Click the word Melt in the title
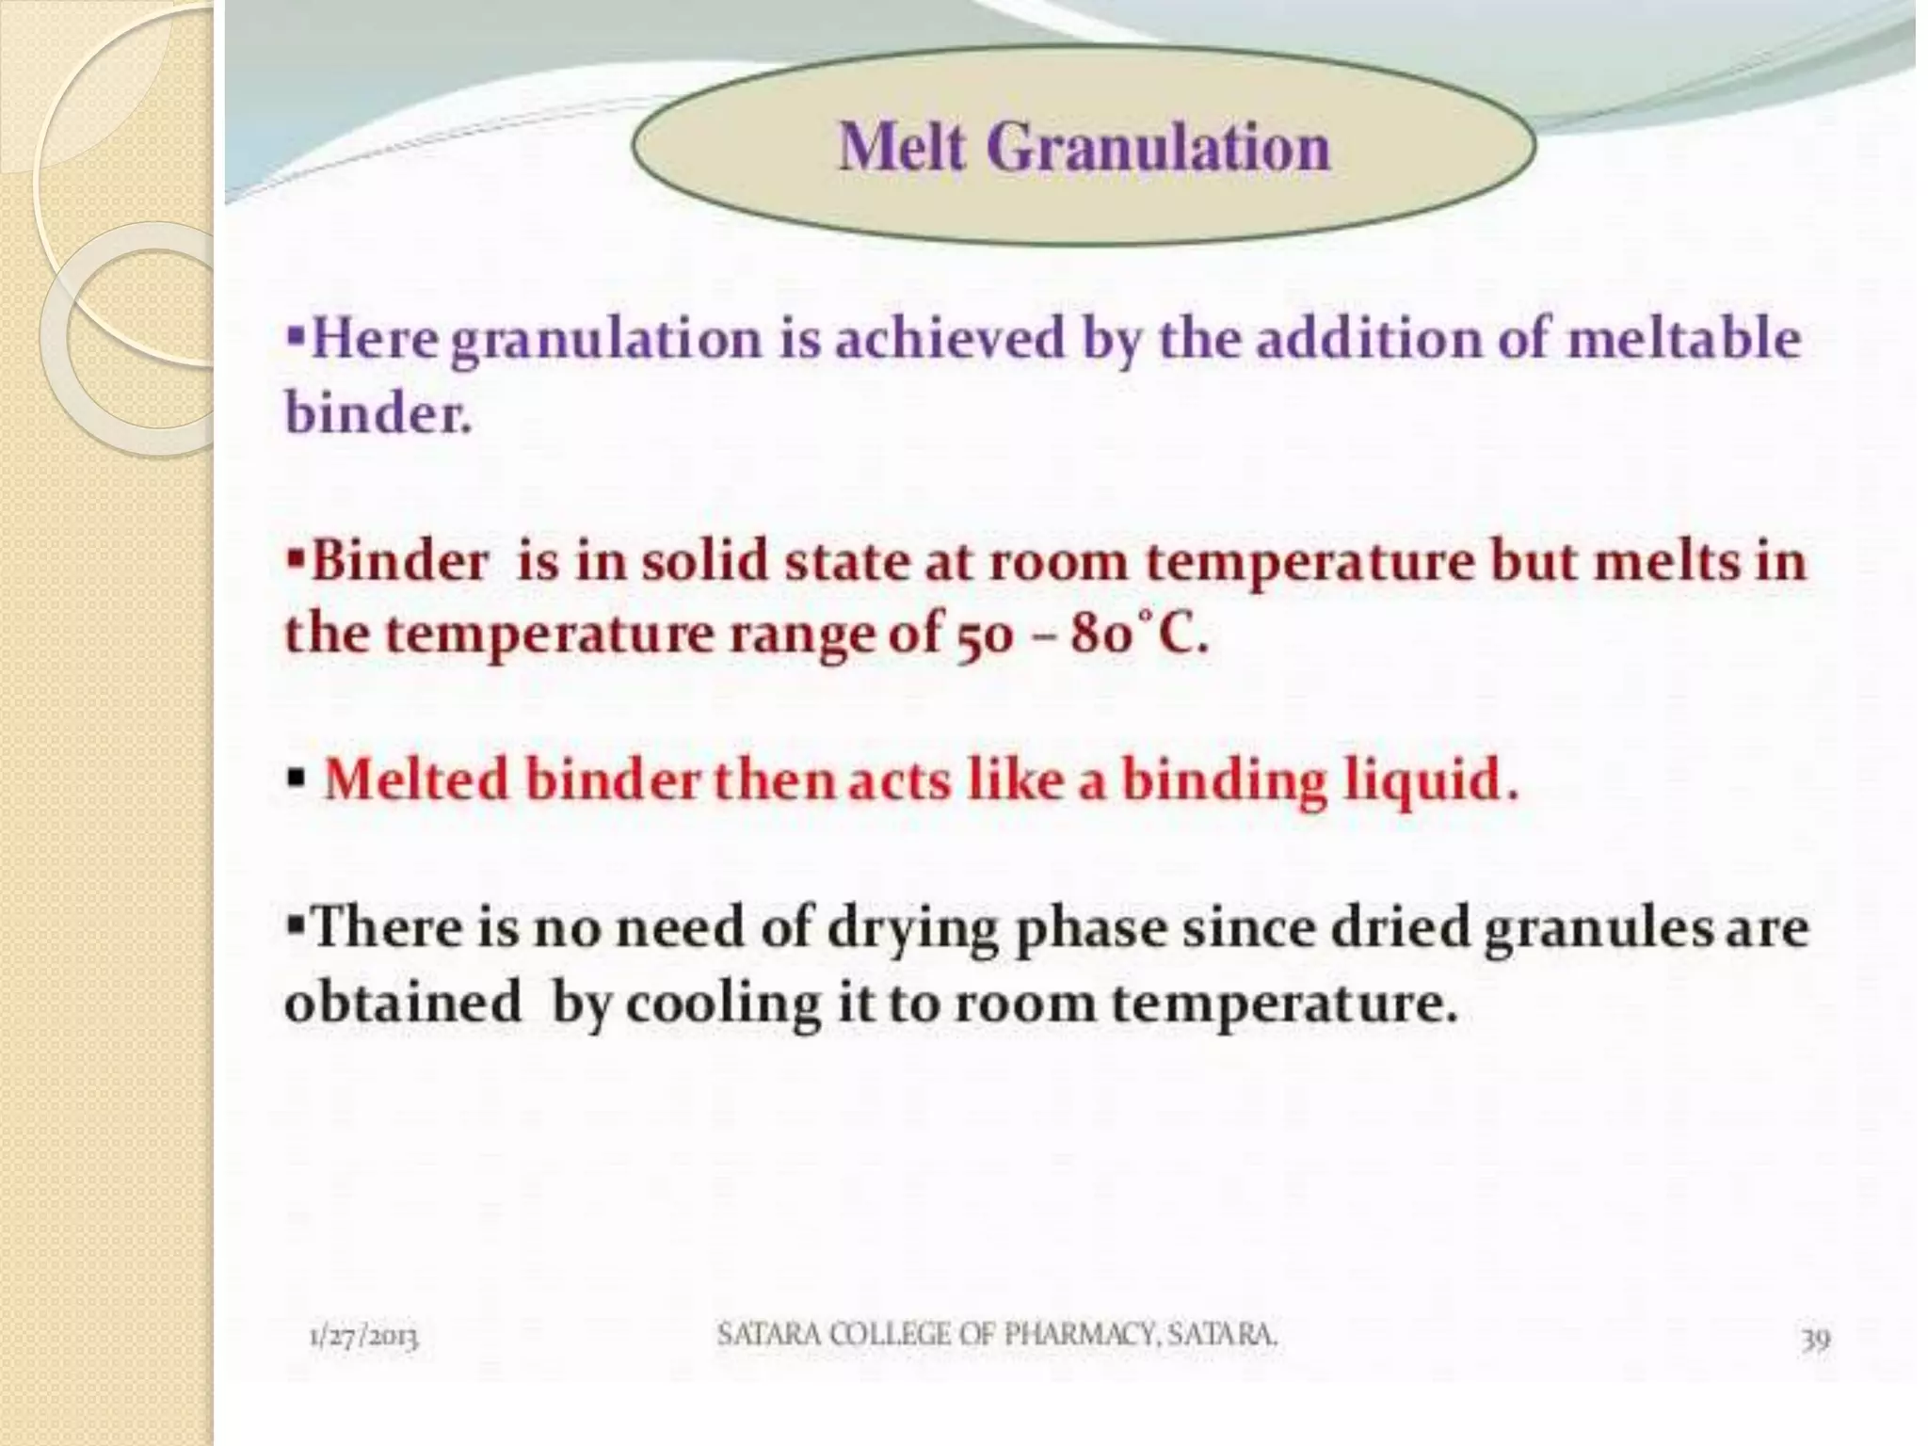tap(902, 148)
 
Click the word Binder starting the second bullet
tap(400, 562)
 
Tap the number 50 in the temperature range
tap(988, 635)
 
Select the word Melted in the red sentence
tap(416, 780)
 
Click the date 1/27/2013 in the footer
tap(364, 1337)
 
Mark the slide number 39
tap(1816, 1338)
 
